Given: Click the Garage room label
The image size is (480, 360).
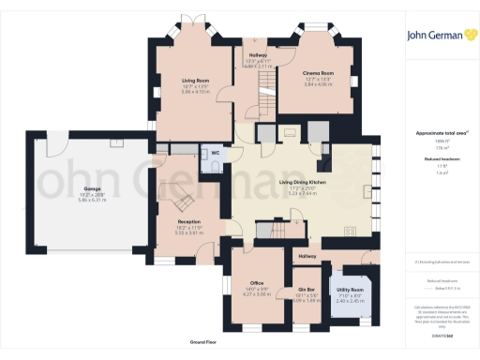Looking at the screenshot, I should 91,188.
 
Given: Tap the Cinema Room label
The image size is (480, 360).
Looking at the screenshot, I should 318,72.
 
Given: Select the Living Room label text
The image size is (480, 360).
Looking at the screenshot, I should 194,81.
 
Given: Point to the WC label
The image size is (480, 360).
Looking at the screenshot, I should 216,152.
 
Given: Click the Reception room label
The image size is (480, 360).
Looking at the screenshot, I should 188,221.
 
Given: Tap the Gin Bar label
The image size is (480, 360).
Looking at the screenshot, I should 306,290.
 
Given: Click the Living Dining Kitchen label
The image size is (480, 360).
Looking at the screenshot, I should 307,184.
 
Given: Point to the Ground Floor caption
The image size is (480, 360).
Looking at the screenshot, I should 204,344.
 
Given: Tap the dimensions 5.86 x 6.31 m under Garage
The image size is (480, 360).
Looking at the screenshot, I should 91,201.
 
